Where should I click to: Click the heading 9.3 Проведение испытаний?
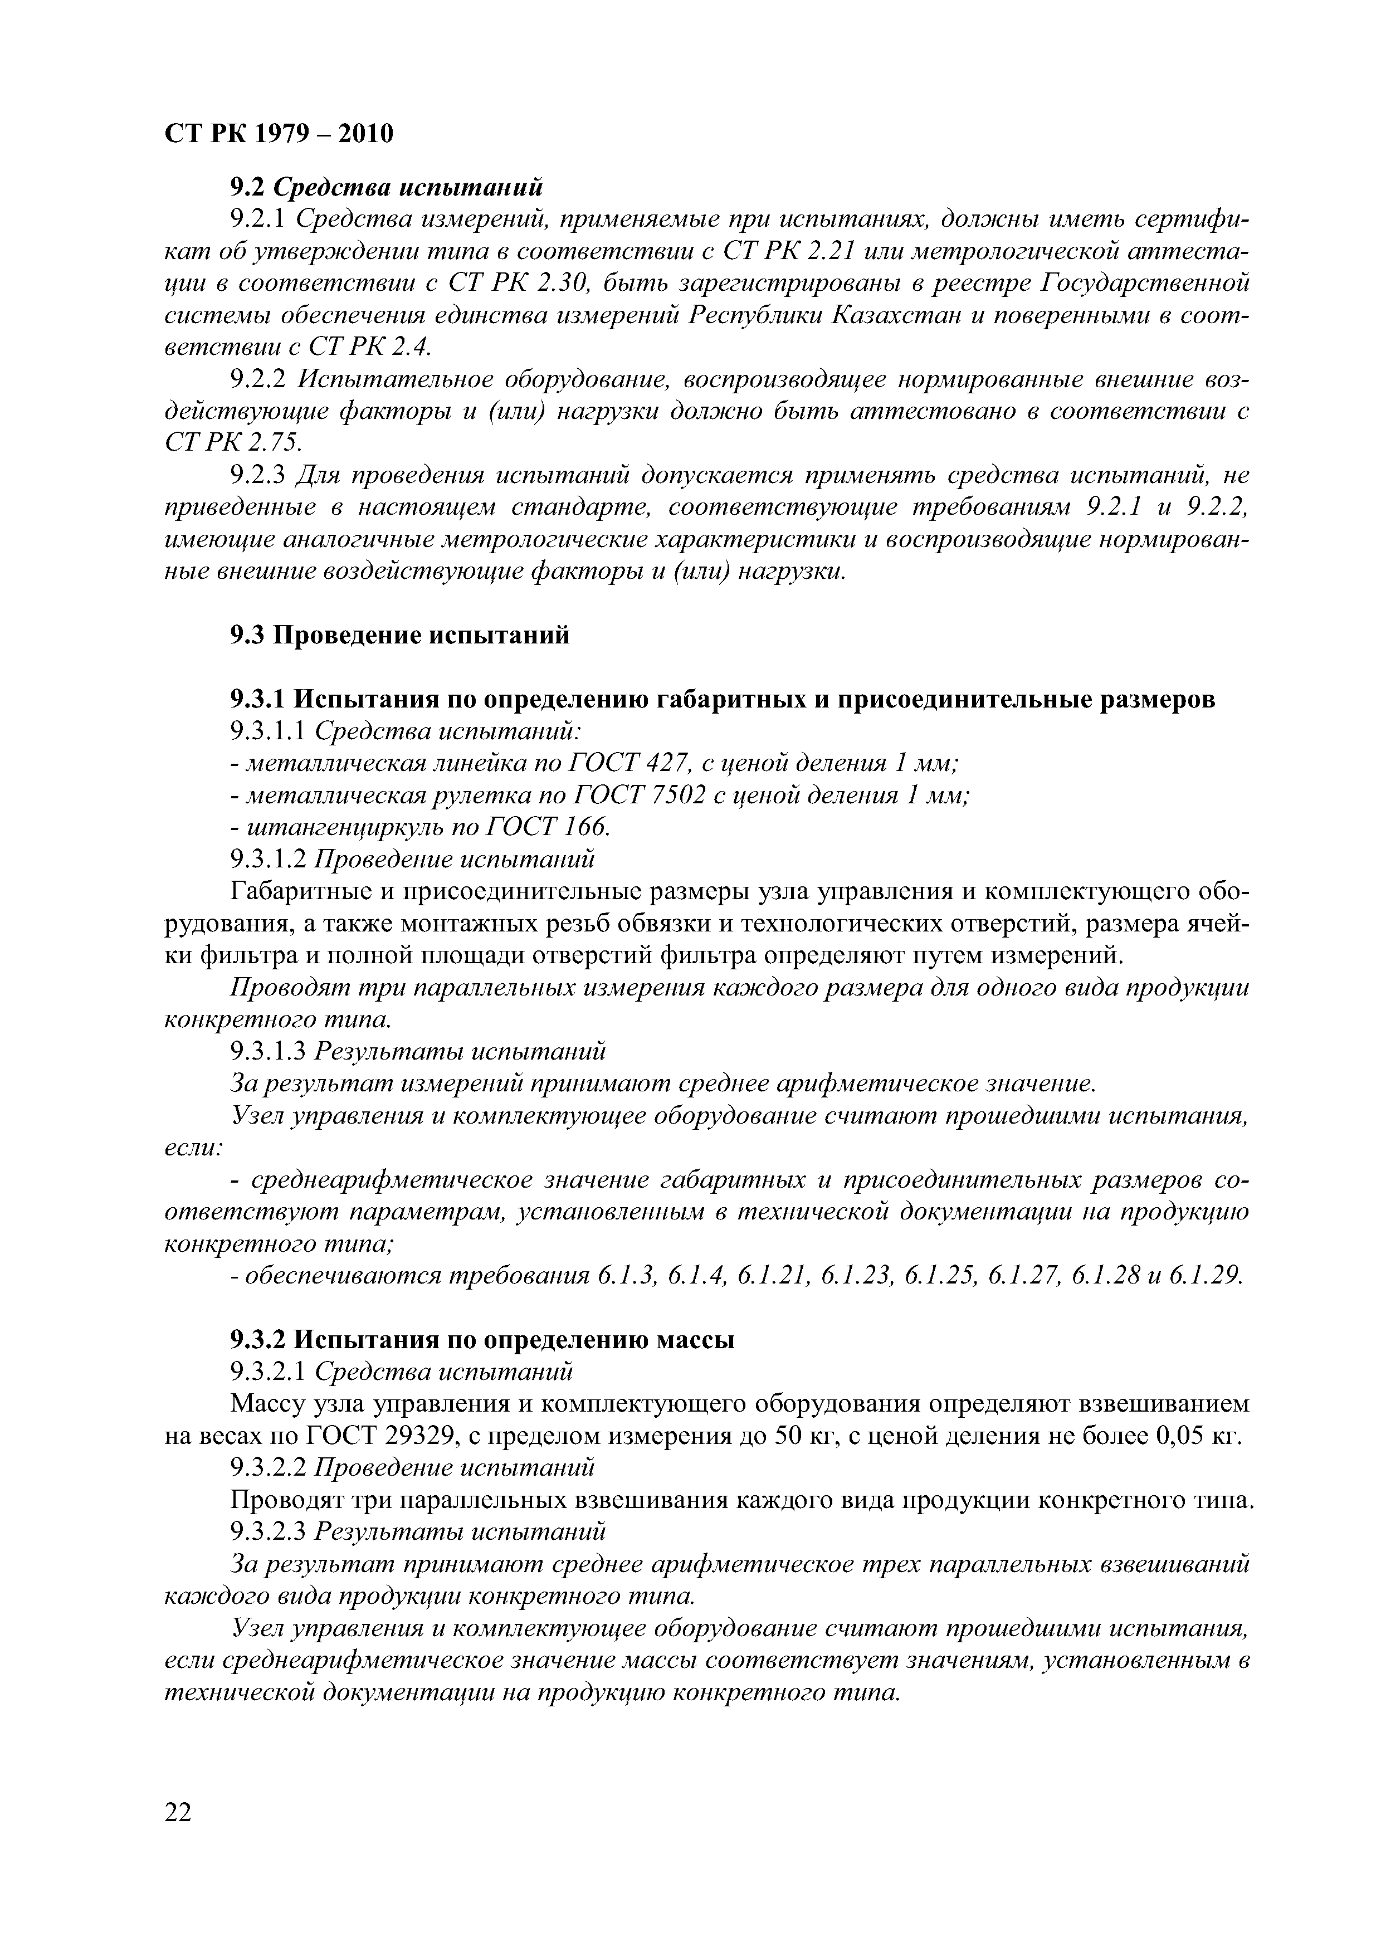click(399, 635)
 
